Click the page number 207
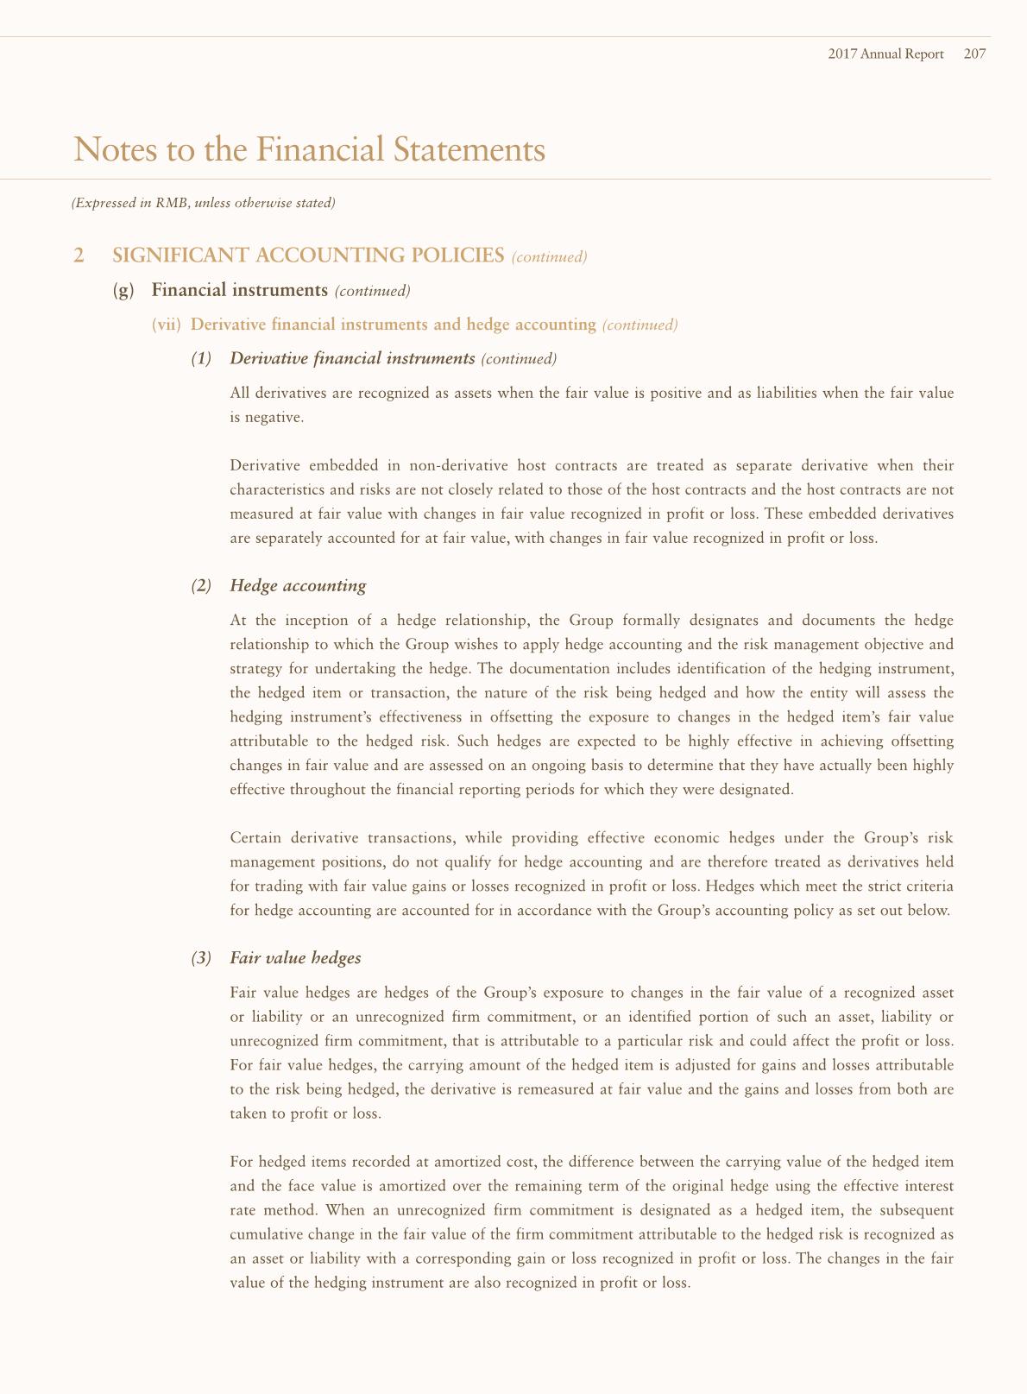974,54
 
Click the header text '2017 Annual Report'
885,54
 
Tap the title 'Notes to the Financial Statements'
310,149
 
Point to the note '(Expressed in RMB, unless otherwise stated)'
203,204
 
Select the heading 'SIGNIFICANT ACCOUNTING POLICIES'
308,255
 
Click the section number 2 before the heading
79,255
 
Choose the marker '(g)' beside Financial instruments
124,290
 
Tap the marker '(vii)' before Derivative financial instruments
167,325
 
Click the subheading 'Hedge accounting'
298,586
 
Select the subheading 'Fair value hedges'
295,958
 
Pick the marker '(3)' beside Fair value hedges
200,958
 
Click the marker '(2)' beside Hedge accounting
200,586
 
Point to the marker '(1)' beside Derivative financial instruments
200,358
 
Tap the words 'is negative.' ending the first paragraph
267,418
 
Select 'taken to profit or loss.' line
306,1113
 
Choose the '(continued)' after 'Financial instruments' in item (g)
371,291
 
